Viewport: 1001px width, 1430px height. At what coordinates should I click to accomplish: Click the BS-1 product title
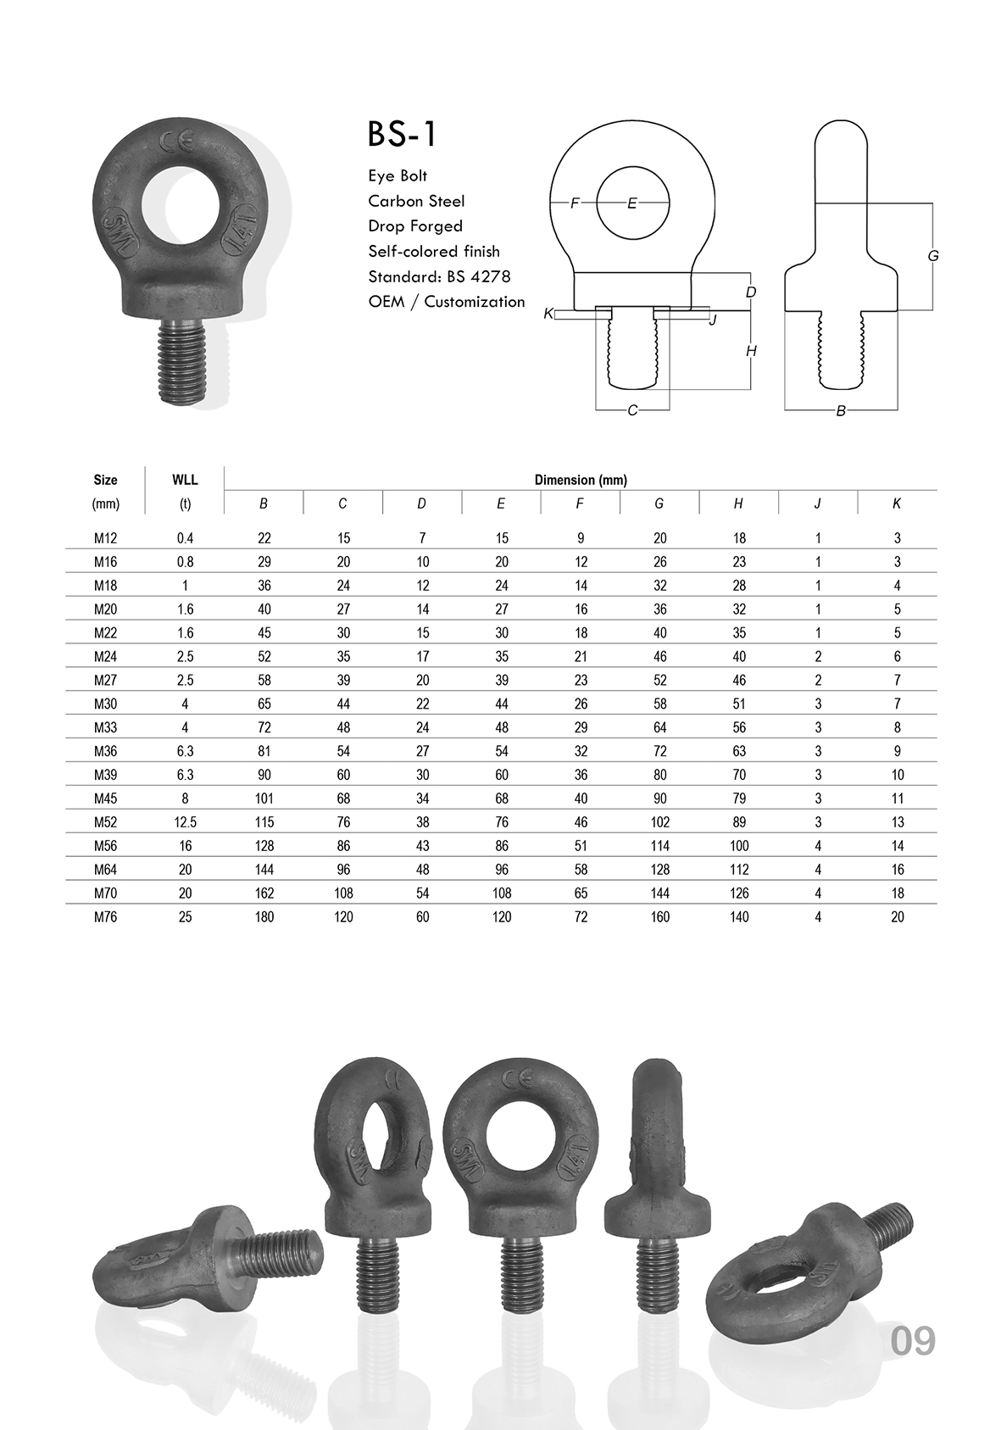coord(403,135)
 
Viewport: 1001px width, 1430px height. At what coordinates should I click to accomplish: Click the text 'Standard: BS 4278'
coord(439,276)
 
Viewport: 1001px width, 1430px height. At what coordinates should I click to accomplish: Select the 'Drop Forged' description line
coord(415,226)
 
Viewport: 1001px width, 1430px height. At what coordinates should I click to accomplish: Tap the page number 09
coord(913,1340)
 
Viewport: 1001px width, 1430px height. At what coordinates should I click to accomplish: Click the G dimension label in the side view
coord(933,255)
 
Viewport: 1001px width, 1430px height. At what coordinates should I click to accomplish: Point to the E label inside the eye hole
coord(631,203)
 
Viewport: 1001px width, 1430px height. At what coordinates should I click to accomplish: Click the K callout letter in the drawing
coord(548,314)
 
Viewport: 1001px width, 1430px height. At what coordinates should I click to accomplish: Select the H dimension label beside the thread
coord(751,351)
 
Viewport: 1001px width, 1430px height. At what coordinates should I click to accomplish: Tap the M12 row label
coord(106,538)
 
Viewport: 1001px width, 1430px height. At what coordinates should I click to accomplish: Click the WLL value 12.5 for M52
coord(185,822)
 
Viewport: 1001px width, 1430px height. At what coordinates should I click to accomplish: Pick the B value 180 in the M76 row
coord(264,917)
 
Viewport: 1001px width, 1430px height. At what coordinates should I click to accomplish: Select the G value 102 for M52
coord(659,822)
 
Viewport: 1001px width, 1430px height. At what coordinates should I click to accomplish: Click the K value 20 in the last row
coord(897,917)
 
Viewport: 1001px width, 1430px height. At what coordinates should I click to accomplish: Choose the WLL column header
coord(185,480)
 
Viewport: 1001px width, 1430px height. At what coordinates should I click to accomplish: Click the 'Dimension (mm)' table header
coord(581,480)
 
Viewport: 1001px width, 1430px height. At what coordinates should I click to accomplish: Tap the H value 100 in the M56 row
coord(738,846)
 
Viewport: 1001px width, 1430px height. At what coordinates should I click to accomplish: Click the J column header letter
coord(817,504)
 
